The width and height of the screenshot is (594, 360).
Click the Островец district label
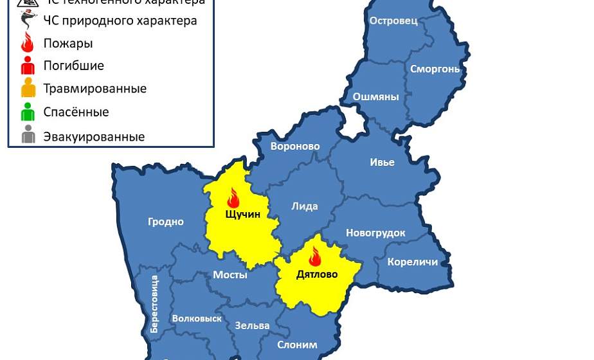[393, 21]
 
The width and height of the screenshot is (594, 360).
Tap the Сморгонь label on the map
[435, 69]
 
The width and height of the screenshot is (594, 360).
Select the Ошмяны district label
[375, 97]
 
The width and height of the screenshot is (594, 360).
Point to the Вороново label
[295, 147]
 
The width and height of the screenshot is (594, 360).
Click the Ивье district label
[382, 162]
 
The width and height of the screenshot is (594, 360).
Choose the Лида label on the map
[304, 206]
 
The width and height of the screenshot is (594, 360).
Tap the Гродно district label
[165, 222]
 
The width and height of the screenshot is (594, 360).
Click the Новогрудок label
[375, 233]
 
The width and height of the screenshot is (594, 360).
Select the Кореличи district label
[412, 262]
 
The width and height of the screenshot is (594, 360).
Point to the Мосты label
[230, 274]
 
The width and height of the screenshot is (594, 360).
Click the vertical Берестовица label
[154, 303]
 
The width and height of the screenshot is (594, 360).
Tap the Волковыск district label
[197, 318]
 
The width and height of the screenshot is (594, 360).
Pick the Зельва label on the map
[252, 325]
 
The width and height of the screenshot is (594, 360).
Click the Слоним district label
[297, 345]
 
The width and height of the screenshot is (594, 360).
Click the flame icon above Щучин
[233, 197]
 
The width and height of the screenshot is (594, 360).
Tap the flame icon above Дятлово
[315, 256]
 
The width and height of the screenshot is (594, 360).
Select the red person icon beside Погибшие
[28, 65]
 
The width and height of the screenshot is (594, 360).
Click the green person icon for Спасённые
[28, 112]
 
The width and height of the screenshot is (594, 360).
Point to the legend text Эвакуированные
[94, 137]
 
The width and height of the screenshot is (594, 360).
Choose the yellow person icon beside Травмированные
[28, 87]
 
